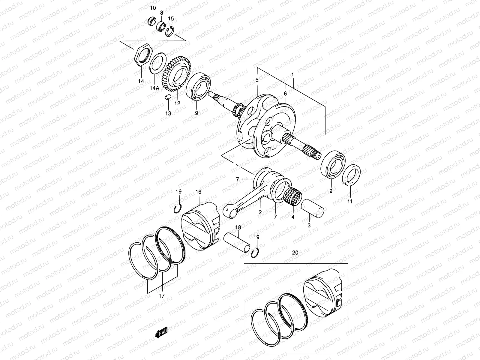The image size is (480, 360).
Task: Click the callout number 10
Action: click(x=153, y=7)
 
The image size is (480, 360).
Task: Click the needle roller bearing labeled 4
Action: click(x=293, y=196)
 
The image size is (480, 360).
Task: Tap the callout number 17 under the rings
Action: click(x=162, y=296)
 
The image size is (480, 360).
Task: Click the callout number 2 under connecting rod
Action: click(x=260, y=212)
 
